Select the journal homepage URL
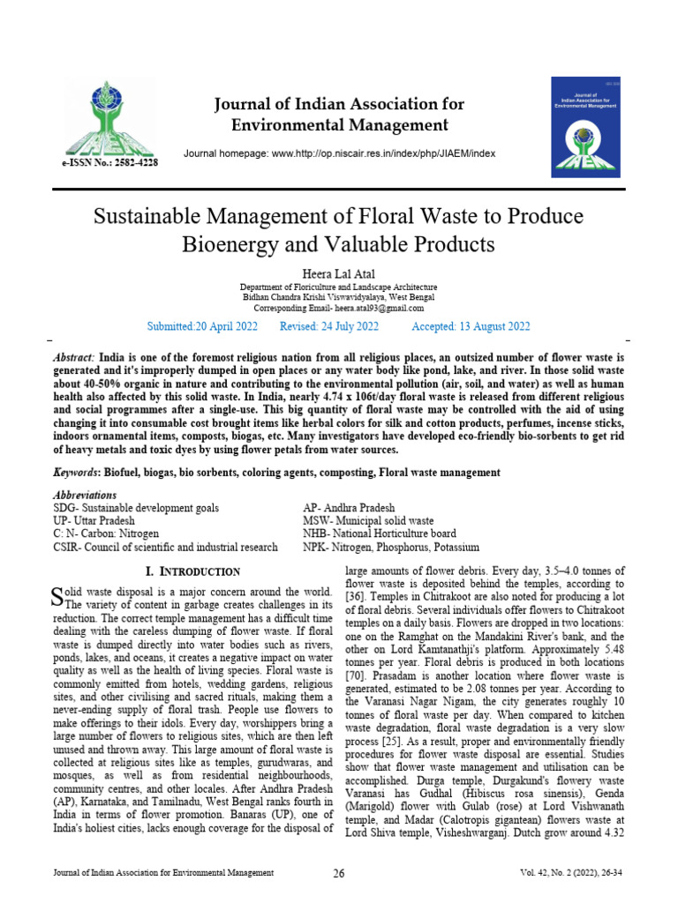[x=339, y=153]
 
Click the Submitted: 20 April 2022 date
[x=201, y=326]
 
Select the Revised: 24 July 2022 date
[x=328, y=326]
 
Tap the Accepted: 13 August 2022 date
[x=471, y=326]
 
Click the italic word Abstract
[x=74, y=358]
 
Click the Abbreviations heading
[x=85, y=496]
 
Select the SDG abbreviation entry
[x=136, y=509]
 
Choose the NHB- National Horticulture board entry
[x=380, y=534]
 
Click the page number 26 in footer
[x=338, y=873]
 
